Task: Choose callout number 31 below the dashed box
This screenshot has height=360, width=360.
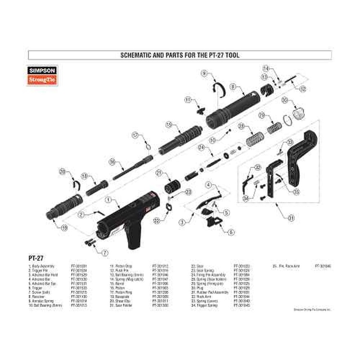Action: tap(291, 218)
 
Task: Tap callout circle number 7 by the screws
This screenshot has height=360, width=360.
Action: tap(105, 253)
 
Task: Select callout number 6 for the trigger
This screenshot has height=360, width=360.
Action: tap(231, 232)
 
